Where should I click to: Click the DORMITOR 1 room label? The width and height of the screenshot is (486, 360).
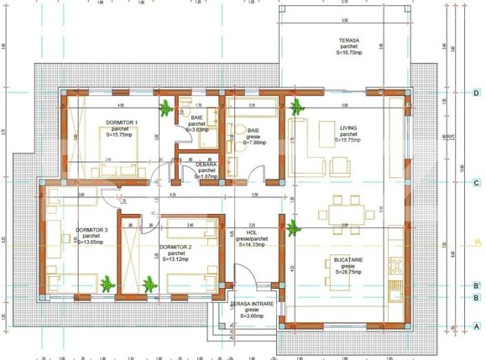(x=122, y=122)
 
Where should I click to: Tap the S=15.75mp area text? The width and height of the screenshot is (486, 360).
(x=122, y=134)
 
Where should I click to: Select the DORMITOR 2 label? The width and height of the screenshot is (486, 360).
(x=176, y=246)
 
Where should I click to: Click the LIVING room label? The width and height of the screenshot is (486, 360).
(x=348, y=128)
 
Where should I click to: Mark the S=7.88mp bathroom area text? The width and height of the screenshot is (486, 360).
(x=254, y=143)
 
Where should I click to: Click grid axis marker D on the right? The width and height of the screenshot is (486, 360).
(x=475, y=93)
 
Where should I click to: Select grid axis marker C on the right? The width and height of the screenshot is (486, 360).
(x=475, y=182)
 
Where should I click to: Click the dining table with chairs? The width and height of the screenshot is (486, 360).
(x=344, y=211)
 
